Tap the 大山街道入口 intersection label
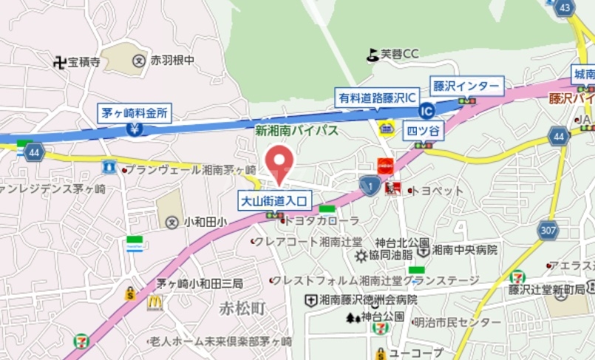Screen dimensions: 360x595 (275, 200)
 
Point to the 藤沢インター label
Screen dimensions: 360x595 (466, 86)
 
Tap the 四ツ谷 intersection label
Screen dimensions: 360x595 (424, 132)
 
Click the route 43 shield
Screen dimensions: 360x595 (565, 7)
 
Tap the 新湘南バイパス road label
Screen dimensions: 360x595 (296, 131)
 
